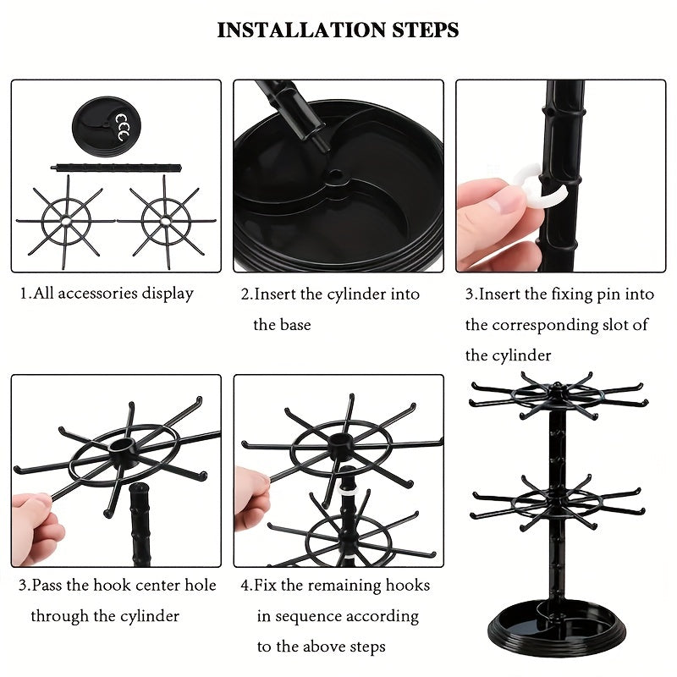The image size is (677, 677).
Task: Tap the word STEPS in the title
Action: coord(419,30)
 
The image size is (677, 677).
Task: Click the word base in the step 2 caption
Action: coord(294,325)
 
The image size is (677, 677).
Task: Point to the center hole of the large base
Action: coord(337,178)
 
